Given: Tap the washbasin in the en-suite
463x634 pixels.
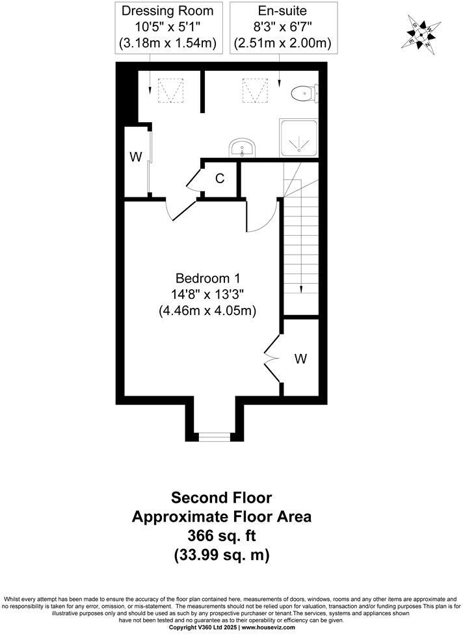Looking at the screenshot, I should (243, 148).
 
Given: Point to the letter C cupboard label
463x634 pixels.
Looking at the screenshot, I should (220, 178).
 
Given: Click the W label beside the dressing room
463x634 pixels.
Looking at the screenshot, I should (135, 157).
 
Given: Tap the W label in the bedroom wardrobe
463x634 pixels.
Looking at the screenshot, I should (300, 358).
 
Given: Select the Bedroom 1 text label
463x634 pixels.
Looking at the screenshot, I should (207, 278).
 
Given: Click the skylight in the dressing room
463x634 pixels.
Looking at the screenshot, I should (169, 90).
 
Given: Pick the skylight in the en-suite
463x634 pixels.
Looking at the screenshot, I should (255, 90).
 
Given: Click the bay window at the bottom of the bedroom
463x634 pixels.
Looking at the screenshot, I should (214, 437).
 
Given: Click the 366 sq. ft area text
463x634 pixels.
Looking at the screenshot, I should (222, 537).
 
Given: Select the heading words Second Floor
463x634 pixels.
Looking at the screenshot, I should (222, 498).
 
